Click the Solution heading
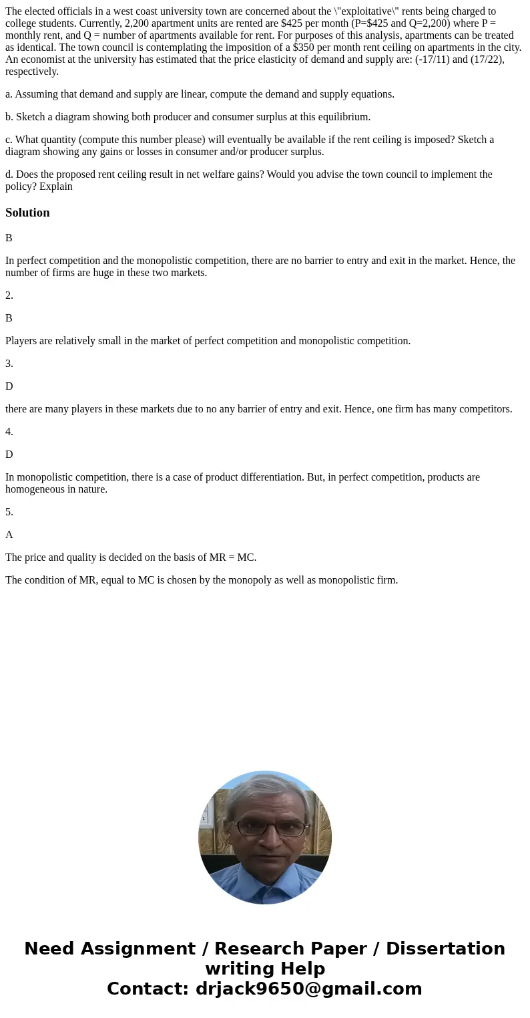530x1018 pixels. pos(27,213)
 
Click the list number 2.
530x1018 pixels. pos(9,295)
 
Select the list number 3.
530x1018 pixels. pos(9,364)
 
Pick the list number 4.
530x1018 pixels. pos(9,432)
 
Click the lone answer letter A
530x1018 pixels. pos(9,535)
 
